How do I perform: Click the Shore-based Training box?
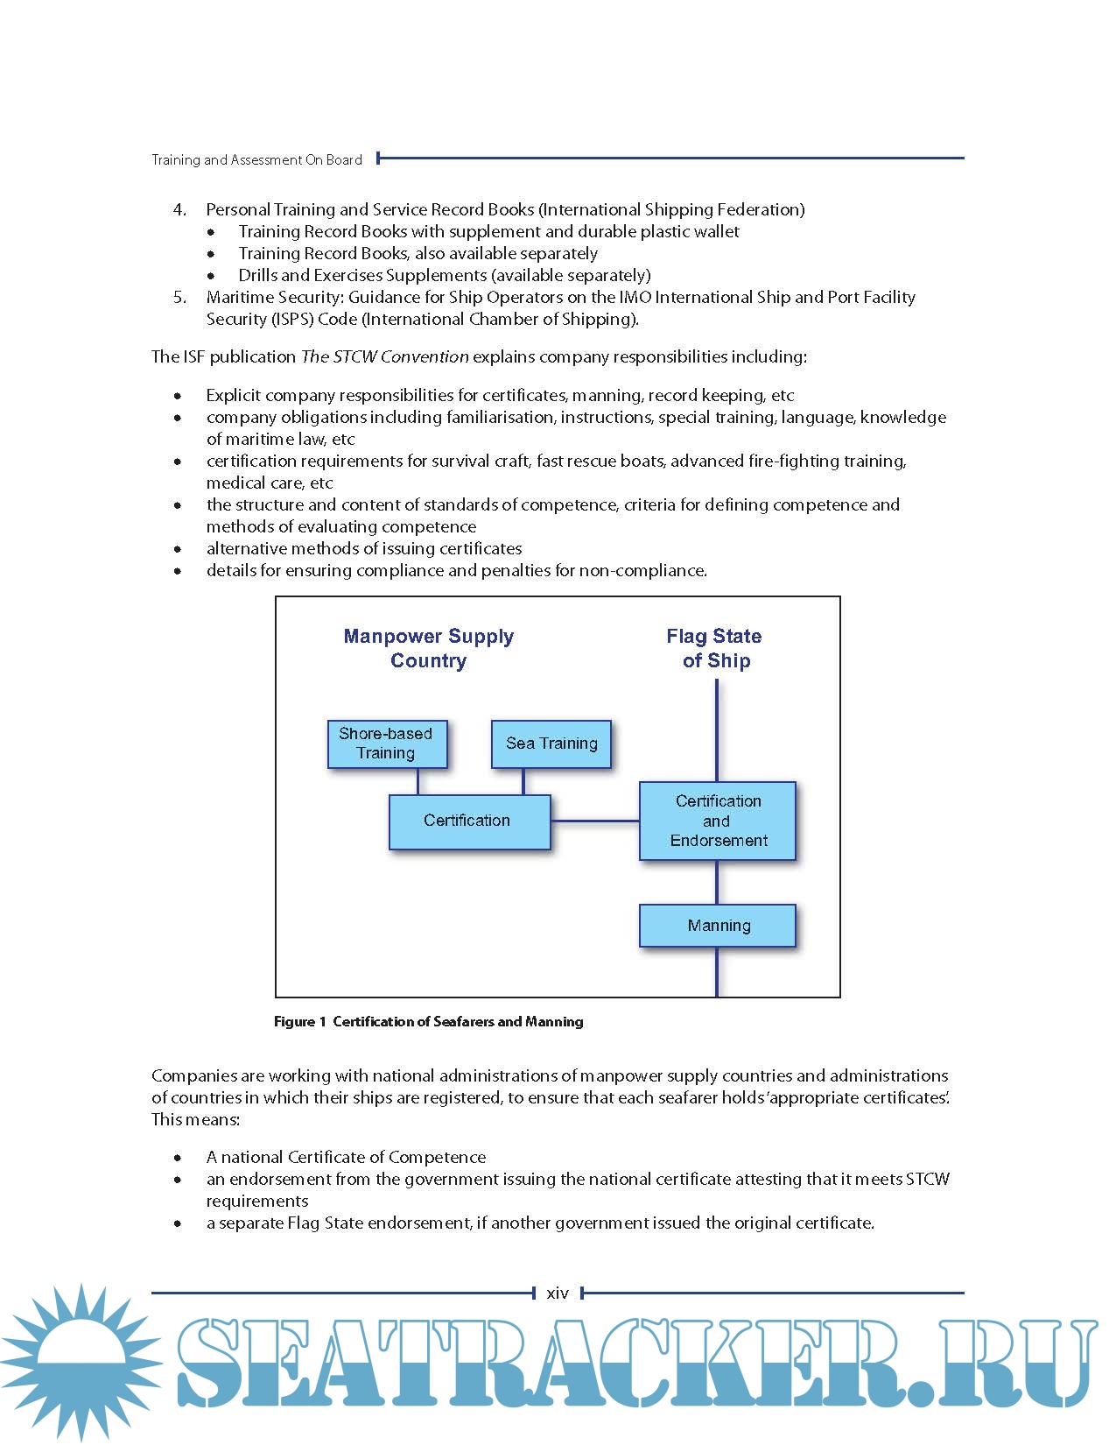tap(387, 744)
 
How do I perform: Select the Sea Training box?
tap(551, 744)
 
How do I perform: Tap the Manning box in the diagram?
tap(718, 926)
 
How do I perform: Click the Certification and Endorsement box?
tap(718, 821)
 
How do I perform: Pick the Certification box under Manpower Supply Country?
tap(469, 821)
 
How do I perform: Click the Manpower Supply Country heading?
tap(428, 648)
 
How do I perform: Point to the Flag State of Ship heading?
tap(715, 648)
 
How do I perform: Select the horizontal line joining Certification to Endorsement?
tap(595, 821)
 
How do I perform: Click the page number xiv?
tap(558, 1293)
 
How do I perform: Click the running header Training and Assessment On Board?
tap(256, 159)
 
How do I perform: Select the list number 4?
tap(179, 209)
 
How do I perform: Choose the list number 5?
tap(179, 297)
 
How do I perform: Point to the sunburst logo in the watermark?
tap(79, 1362)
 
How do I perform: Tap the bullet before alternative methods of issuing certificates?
tap(178, 549)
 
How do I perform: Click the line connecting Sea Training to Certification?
tap(523, 782)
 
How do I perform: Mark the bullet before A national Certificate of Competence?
tap(178, 1158)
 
